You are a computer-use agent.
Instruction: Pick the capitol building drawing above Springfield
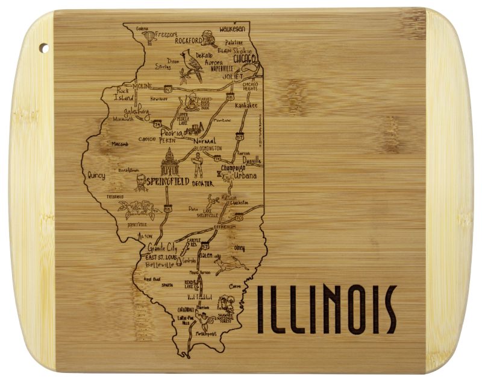(170, 162)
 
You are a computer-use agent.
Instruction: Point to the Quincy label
(96, 176)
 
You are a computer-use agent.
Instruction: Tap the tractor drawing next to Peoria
(194, 129)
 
